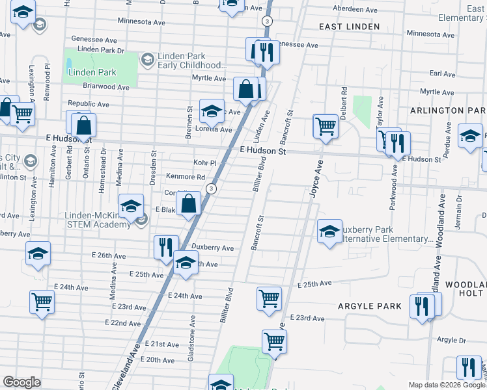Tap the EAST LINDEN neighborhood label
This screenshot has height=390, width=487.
pos(348,26)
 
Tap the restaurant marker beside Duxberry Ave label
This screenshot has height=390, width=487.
pos(165,246)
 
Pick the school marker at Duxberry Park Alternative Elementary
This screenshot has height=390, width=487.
pos(329,231)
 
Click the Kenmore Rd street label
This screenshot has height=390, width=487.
pos(186,177)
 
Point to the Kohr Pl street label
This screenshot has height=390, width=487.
pos(204,162)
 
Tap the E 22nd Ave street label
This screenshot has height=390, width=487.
pos(122,322)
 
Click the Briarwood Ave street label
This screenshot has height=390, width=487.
pos(106,86)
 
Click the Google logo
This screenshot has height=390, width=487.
pos(21,382)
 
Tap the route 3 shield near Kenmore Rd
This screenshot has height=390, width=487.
pos(210,188)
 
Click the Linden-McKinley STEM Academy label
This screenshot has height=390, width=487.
pos(98,220)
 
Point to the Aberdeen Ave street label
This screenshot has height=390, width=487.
pos(355,10)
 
